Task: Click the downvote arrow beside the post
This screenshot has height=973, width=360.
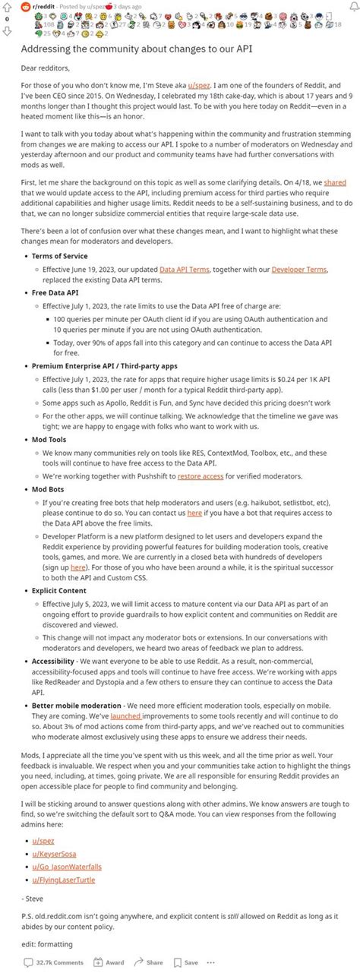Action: click(x=8, y=30)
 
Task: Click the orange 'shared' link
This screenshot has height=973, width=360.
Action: click(x=335, y=183)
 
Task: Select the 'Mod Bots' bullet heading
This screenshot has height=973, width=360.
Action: click(x=49, y=489)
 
